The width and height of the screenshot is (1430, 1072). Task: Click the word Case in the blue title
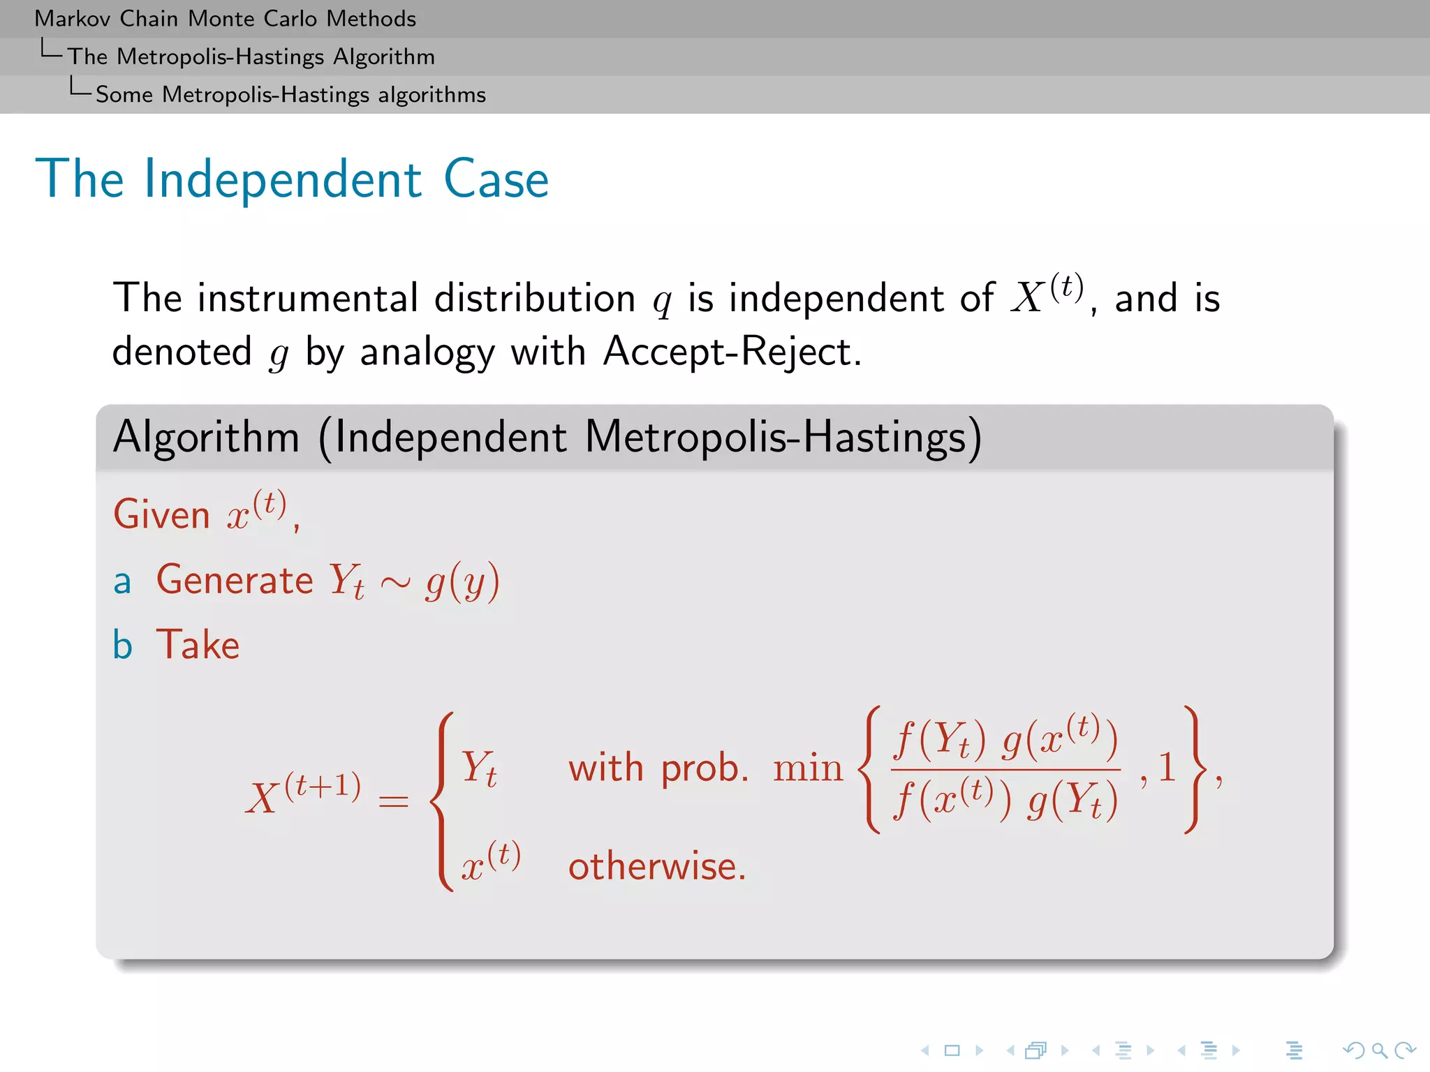496,180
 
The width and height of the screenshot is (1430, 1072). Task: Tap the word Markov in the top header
73,19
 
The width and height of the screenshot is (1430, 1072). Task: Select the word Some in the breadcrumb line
124,94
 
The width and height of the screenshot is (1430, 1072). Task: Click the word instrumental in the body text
307,299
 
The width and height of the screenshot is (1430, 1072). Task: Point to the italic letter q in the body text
661,301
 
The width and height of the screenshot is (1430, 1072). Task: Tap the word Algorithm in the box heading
206,438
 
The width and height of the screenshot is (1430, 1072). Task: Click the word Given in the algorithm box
161,515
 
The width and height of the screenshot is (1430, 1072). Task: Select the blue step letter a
122,581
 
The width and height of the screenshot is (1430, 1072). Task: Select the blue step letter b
122,645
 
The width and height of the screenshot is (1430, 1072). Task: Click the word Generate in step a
235,580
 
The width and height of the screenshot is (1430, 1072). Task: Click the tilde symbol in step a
395,583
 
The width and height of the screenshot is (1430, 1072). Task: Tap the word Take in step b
198,645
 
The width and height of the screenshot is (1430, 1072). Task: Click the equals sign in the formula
393,801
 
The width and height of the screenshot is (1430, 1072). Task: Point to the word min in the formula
807,768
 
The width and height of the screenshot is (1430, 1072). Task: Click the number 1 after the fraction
1167,767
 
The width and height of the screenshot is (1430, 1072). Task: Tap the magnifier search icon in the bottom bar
1379,1050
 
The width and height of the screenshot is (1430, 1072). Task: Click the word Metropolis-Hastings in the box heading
775,438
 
